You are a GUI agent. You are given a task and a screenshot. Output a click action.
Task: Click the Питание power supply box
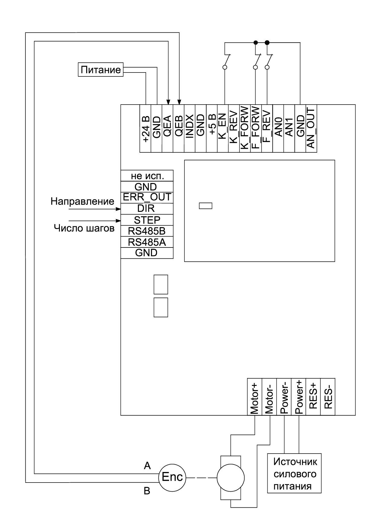point(101,70)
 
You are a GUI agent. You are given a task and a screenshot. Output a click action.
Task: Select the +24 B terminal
point(145,128)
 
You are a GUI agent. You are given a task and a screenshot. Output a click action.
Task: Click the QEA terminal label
point(168,128)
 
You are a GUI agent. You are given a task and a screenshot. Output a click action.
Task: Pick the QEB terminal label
point(179,128)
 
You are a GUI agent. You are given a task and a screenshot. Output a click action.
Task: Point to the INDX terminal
point(190,128)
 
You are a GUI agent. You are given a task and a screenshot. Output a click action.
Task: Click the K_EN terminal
point(223,128)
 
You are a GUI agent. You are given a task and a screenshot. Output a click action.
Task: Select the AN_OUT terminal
point(311,128)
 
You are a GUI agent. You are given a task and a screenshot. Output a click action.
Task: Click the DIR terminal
point(147,208)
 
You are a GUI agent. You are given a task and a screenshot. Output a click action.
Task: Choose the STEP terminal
point(147,220)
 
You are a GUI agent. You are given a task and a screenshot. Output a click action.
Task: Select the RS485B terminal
point(147,231)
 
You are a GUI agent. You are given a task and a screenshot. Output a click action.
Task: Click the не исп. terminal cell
point(147,176)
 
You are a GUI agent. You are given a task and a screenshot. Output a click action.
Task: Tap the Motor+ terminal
point(254,396)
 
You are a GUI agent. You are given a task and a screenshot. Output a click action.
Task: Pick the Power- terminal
point(284,396)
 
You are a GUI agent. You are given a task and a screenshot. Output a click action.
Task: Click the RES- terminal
point(328,396)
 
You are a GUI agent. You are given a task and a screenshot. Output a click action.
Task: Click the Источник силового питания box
point(294,473)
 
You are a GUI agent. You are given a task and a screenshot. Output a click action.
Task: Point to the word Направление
point(82,202)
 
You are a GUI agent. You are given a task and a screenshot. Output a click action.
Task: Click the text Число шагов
point(84,228)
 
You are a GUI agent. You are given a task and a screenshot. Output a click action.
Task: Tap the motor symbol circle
point(230,478)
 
